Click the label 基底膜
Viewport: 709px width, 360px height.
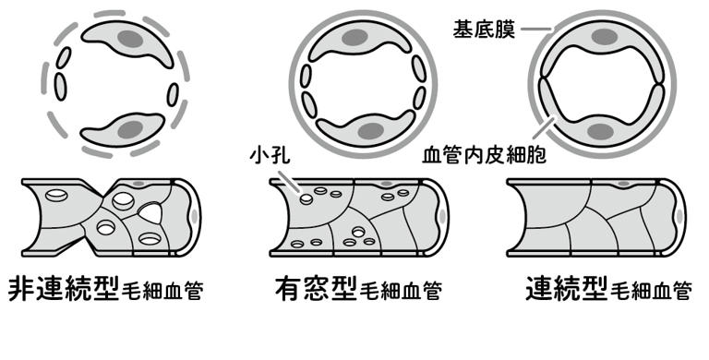coord(484,30)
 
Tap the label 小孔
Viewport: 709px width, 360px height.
coord(270,156)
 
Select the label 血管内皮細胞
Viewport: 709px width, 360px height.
coord(485,155)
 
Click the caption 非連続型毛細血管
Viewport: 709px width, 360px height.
coord(106,289)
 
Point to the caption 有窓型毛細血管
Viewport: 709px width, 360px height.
coord(358,289)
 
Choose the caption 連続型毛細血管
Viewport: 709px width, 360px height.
coord(608,289)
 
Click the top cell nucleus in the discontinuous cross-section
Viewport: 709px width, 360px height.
coord(131,39)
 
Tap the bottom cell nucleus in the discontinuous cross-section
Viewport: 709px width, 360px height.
coord(131,130)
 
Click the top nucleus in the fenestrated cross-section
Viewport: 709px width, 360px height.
coord(354,38)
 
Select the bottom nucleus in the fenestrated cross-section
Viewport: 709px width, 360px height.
coord(371,131)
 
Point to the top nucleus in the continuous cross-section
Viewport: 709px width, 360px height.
coord(605,37)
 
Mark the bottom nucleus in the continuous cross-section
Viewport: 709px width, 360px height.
coord(600,132)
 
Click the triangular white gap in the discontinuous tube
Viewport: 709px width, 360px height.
coord(151,212)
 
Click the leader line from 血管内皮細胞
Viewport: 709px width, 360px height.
coord(544,127)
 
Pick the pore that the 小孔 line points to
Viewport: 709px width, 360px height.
coord(306,198)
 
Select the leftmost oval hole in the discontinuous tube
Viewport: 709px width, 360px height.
coord(56,195)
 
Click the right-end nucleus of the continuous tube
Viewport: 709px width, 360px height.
coord(678,216)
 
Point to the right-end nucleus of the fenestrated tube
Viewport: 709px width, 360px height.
coord(441,217)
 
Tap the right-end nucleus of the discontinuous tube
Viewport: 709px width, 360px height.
coord(195,217)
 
